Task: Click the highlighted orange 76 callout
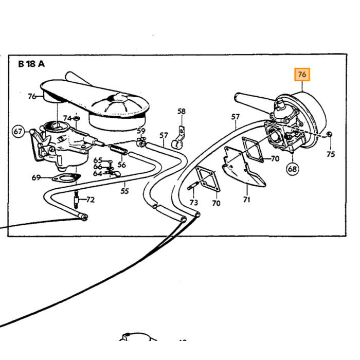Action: (302, 75)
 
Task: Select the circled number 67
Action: (18, 132)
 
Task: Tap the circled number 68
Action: (293, 169)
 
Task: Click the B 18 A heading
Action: (31, 64)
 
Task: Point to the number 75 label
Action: (331, 154)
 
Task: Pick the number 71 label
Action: (246, 200)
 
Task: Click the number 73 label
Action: (193, 202)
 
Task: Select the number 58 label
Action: (182, 112)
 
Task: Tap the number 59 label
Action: (141, 131)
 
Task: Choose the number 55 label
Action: (124, 191)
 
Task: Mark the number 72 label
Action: (90, 200)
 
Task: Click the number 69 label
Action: (36, 177)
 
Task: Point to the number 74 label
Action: (67, 118)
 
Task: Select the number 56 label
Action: (122, 165)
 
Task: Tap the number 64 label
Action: (98, 173)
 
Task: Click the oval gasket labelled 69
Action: (66, 178)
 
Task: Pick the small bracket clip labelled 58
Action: (179, 137)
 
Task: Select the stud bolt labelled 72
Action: (76, 199)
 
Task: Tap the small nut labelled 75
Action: (329, 134)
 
